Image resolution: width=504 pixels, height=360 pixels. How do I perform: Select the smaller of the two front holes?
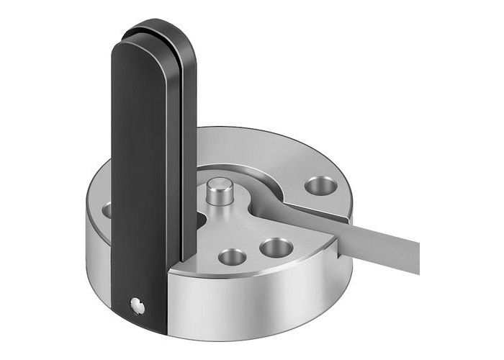pyautogui.click(x=233, y=256)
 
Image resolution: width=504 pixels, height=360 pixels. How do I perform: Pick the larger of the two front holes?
pyautogui.click(x=276, y=248)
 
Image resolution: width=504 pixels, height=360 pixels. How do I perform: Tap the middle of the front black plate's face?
pyautogui.click(x=140, y=180)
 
